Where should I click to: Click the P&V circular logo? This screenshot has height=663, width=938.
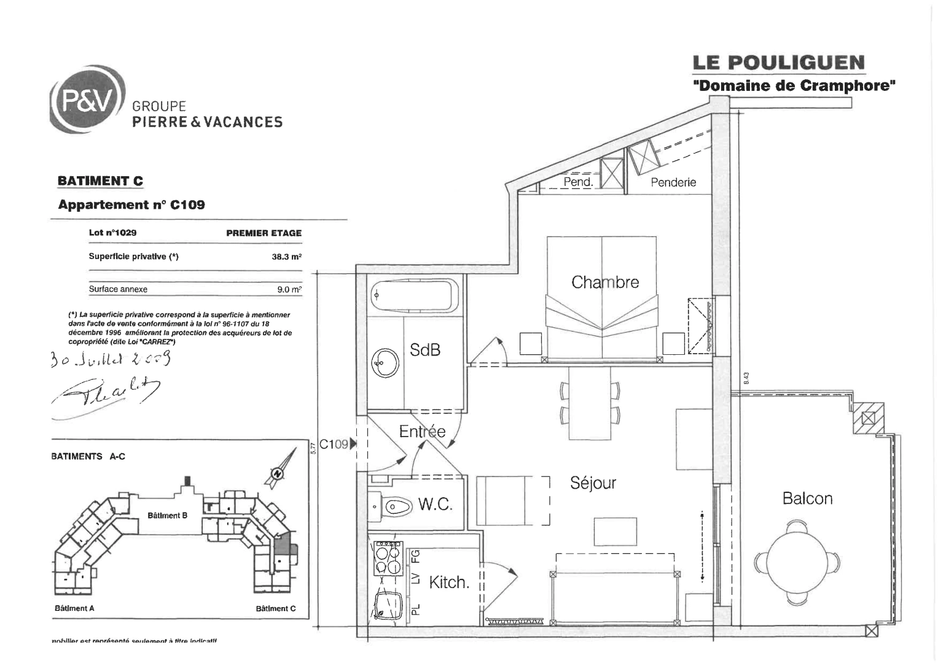pos(86,102)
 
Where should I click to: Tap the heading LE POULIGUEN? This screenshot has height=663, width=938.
pos(778,63)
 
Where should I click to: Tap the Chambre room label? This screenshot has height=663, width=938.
pos(604,282)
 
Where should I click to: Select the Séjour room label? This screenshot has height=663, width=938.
pos(593,483)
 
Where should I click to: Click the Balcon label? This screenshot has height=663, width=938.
pos(807,498)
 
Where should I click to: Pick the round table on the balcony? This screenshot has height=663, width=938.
pos(797,560)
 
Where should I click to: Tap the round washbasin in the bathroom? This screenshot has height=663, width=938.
pos(386,363)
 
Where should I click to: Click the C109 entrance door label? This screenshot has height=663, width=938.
pos(334,444)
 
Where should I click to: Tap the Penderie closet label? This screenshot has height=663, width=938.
pos(673,182)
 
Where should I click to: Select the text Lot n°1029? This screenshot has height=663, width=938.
pos(112,233)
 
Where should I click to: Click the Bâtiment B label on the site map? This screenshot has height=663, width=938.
pos(167,516)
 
